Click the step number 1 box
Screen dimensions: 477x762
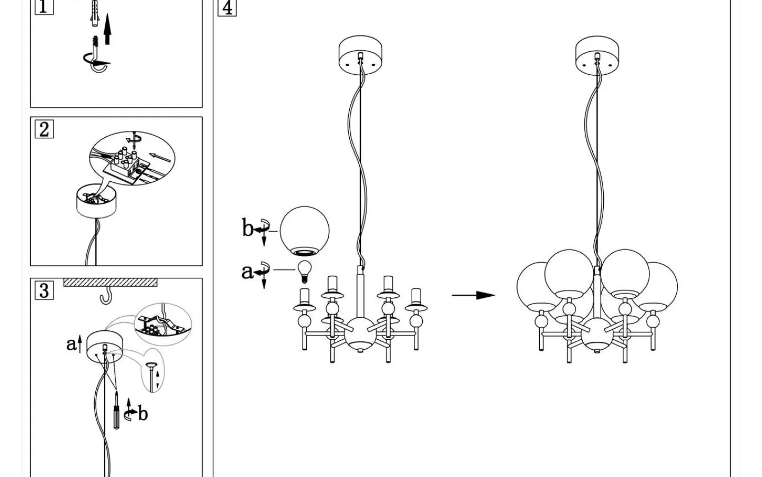pos(44,6)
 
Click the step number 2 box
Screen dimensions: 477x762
pos(44,129)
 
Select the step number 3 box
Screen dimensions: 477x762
pos(44,290)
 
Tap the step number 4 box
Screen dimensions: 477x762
pos(227,7)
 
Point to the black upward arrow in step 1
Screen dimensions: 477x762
pos(107,29)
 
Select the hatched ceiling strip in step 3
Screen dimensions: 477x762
pos(110,282)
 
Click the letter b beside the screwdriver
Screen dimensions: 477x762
pos(143,413)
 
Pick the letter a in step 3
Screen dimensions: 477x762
pos(71,344)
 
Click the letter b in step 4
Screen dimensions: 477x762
pos(248,228)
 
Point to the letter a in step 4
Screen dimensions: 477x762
pos(247,271)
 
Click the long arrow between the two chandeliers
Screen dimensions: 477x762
pos(473,295)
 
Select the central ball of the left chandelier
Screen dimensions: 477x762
pos(360,334)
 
